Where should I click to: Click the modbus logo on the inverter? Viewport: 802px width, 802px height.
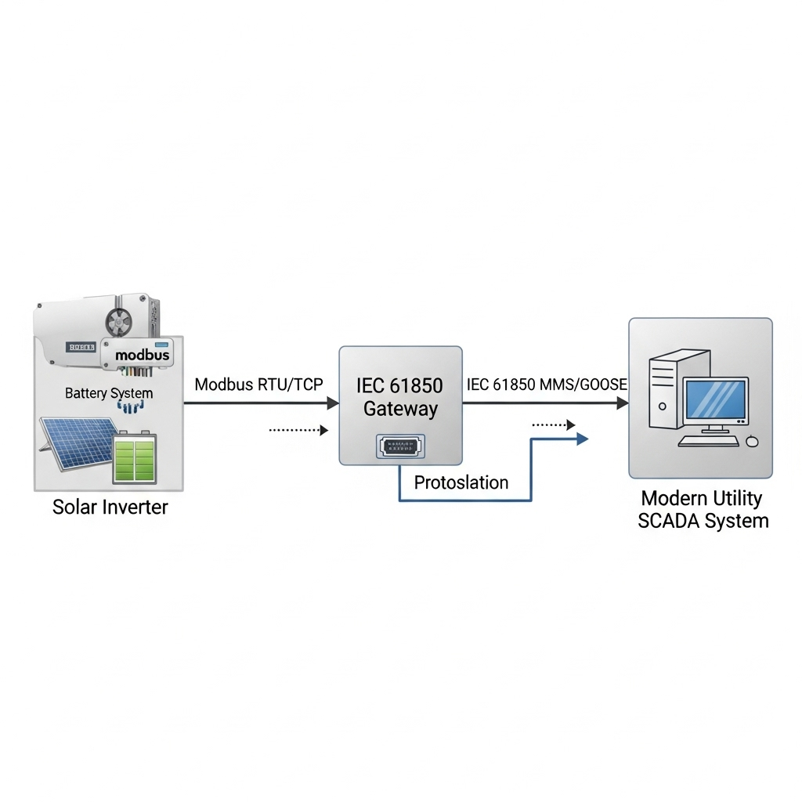pyautogui.click(x=141, y=355)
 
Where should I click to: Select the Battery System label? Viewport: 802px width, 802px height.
pyautogui.click(x=109, y=392)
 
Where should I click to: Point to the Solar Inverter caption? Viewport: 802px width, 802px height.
pyautogui.click(x=110, y=507)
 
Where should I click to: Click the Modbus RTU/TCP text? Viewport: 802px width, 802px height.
pyautogui.click(x=259, y=385)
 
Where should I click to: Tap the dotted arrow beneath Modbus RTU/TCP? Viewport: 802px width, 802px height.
pyautogui.click(x=298, y=430)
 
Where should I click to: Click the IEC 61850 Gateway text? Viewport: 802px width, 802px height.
pyautogui.click(x=399, y=396)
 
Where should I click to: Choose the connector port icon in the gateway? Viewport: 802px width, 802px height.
pyautogui.click(x=400, y=446)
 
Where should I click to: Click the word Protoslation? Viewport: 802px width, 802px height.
pyautogui.click(x=461, y=482)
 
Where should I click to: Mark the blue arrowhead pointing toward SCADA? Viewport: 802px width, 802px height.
pyautogui.click(x=581, y=439)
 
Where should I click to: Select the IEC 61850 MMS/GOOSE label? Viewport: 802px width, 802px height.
pyautogui.click(x=546, y=385)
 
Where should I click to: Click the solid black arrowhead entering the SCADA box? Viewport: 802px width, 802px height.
pyautogui.click(x=623, y=403)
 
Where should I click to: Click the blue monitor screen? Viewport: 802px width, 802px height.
pyautogui.click(x=716, y=400)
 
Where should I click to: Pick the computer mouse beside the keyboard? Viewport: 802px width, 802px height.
pyautogui.click(x=753, y=441)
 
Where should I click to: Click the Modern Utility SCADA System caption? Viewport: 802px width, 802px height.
pyautogui.click(x=702, y=509)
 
